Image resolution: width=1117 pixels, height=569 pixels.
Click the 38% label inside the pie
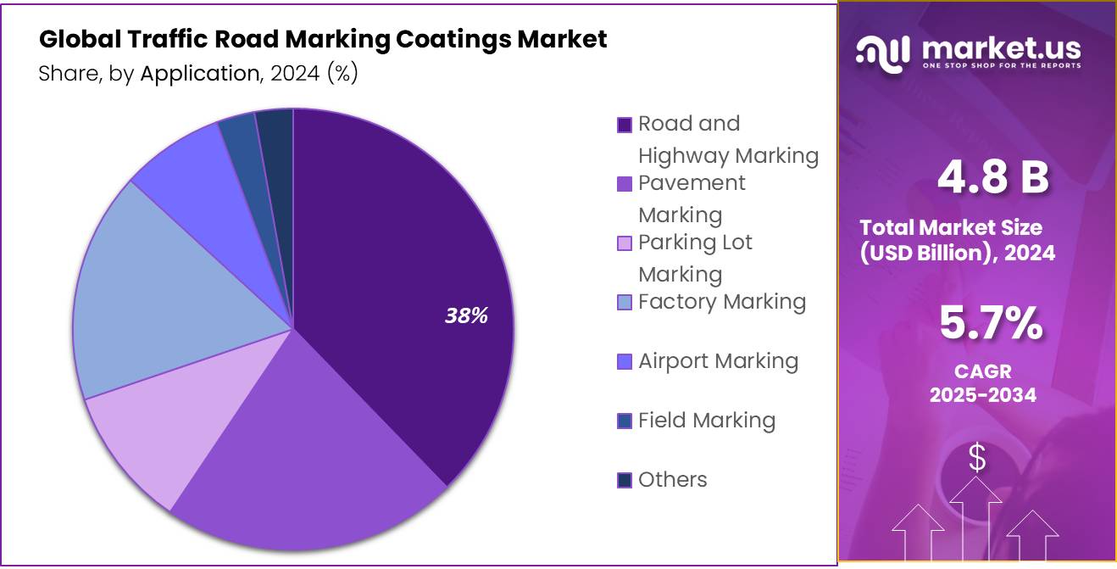(466, 316)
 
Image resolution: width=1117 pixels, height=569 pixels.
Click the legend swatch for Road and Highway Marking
(625, 125)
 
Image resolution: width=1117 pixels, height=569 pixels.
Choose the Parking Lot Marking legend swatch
(625, 243)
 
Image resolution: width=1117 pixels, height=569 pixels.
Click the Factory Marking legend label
(721, 302)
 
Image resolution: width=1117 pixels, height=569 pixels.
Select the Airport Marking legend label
(718, 361)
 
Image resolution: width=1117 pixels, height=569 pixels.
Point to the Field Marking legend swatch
(625, 421)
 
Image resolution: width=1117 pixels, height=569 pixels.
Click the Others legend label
(672, 480)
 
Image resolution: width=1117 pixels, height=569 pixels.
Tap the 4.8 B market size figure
(992, 177)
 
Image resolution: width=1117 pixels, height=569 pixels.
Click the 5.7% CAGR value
(991, 323)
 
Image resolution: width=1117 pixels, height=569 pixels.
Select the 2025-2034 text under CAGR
(982, 395)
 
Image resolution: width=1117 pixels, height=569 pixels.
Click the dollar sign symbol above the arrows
(977, 459)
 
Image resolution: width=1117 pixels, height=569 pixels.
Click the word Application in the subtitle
(199, 74)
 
